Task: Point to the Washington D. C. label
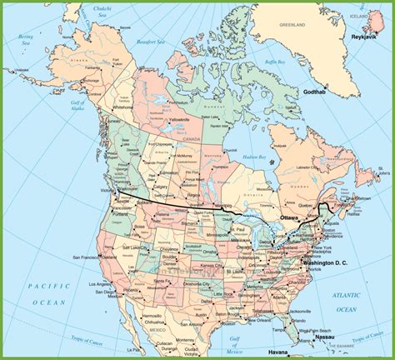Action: tap(328, 263)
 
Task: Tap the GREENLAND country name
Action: tap(293, 25)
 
